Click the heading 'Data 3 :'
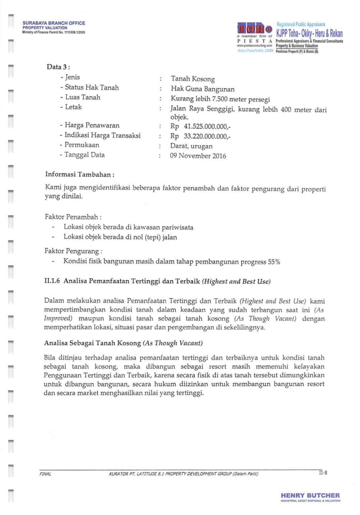tap(58, 67)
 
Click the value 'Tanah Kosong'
tap(193, 79)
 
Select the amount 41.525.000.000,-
tap(207, 126)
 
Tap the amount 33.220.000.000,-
tap(207, 136)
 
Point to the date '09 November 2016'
tap(198, 156)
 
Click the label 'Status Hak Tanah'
tap(92, 88)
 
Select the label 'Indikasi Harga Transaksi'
tap(102, 135)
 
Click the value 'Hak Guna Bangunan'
tap(202, 89)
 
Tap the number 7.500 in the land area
tap(220, 99)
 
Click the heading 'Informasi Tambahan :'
tap(80, 174)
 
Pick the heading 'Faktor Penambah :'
tap(73, 217)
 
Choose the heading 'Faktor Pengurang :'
tap(73, 251)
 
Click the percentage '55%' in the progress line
tap(274, 262)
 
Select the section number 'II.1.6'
tap(52, 281)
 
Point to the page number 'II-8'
tap(323, 473)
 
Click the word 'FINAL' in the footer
tap(45, 474)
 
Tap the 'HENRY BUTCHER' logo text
tap(310, 495)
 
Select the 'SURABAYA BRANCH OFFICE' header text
tap(54, 23)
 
